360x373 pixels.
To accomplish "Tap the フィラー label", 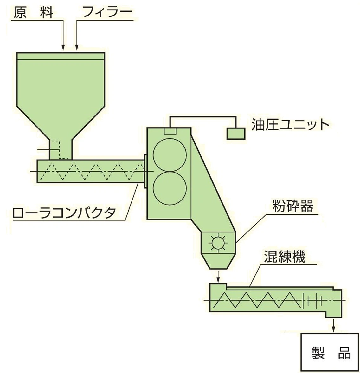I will click(107, 13).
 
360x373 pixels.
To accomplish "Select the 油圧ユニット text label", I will click(290, 125).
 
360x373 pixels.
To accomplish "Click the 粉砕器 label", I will click(293, 206).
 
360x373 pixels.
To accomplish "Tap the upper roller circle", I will click(170, 154).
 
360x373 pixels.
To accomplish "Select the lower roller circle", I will click(170, 187).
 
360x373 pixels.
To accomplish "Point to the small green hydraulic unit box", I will click(236, 133).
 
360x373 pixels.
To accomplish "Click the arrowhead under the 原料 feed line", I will click(63, 48).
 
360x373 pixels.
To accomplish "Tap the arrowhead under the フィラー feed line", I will click(76, 48).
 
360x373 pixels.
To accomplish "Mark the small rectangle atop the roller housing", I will click(170, 131).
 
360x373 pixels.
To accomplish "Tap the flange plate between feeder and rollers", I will click(145, 171).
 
